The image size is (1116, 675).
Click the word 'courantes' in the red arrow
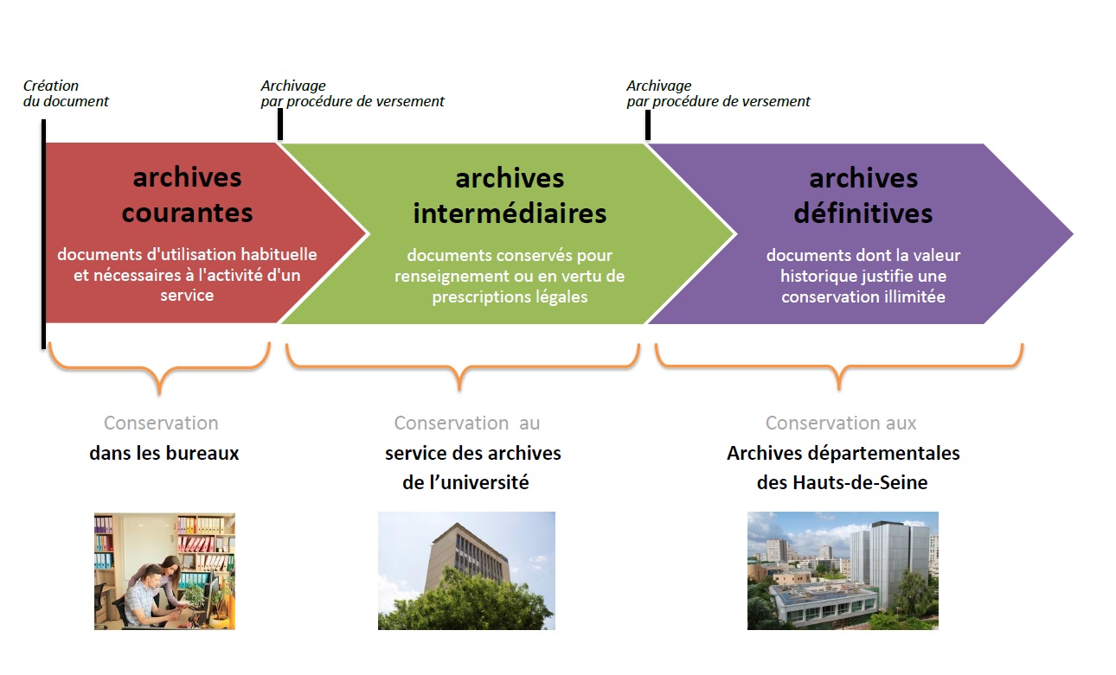pyautogui.click(x=188, y=213)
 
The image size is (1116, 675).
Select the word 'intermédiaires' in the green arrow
pyautogui.click(x=510, y=213)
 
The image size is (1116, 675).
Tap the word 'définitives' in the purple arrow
pyautogui.click(x=863, y=213)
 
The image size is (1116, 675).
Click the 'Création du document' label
pyautogui.click(x=66, y=93)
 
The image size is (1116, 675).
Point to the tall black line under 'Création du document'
pyautogui.click(x=44, y=234)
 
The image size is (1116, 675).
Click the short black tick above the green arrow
pyautogui.click(x=280, y=124)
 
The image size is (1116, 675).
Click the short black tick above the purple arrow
pyautogui.click(x=648, y=125)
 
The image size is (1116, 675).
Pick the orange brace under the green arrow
pyautogui.click(x=460, y=367)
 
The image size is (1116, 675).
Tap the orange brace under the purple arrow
pyautogui.click(x=839, y=366)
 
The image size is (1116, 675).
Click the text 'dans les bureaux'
pyautogui.click(x=164, y=454)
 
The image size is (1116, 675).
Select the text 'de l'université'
pyautogui.click(x=465, y=482)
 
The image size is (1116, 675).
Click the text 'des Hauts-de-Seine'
pyautogui.click(x=843, y=482)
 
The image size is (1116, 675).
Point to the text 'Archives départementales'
pyautogui.click(x=843, y=454)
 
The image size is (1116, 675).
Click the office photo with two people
pyautogui.click(x=164, y=571)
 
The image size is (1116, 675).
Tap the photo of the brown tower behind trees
pyautogui.click(x=466, y=570)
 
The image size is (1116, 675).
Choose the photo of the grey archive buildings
pyautogui.click(x=843, y=570)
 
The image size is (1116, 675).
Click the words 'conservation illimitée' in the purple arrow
pyautogui.click(x=863, y=296)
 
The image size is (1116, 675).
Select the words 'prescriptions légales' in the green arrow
pyautogui.click(x=510, y=297)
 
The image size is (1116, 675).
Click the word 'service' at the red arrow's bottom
pyautogui.click(x=187, y=296)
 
